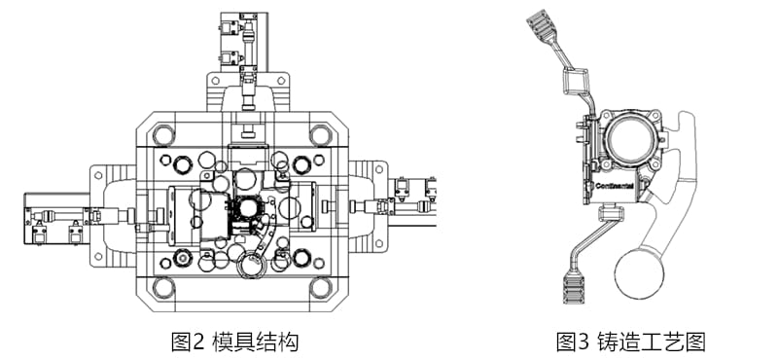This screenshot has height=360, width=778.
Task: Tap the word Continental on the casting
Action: (614, 183)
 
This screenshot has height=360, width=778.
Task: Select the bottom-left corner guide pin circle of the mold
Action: (164, 286)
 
